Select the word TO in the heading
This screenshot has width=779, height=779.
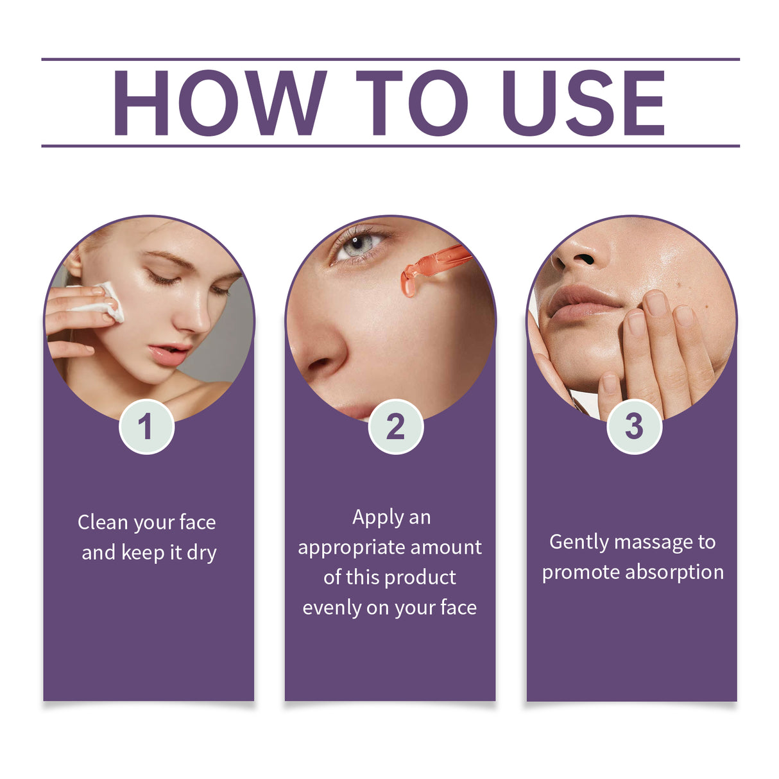(411, 103)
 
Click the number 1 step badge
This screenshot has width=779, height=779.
(146, 427)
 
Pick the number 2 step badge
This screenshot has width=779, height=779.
(395, 427)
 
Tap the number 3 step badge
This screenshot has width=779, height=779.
(634, 427)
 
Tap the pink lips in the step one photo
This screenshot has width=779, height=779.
(169, 354)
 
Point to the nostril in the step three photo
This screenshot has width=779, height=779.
(583, 260)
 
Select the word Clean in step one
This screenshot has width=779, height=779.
(103, 522)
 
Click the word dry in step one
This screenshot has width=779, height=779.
(201, 553)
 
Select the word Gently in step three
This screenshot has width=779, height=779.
(579, 543)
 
